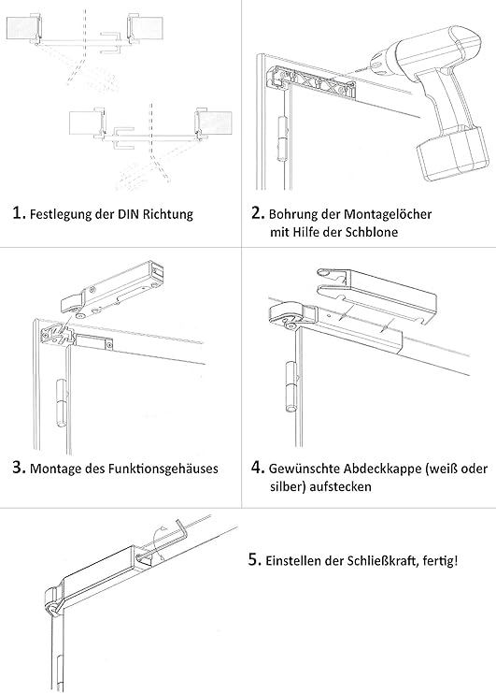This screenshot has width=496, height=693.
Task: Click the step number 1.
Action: (x=18, y=212)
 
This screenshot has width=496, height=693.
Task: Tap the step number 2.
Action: (x=259, y=213)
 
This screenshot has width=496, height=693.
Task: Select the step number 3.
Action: (x=18, y=467)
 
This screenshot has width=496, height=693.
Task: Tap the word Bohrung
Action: (x=294, y=214)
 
